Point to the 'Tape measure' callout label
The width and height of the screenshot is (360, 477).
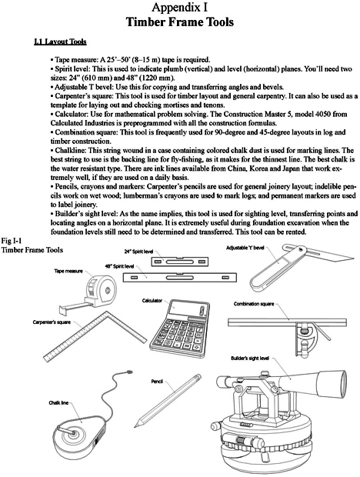(68, 272)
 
